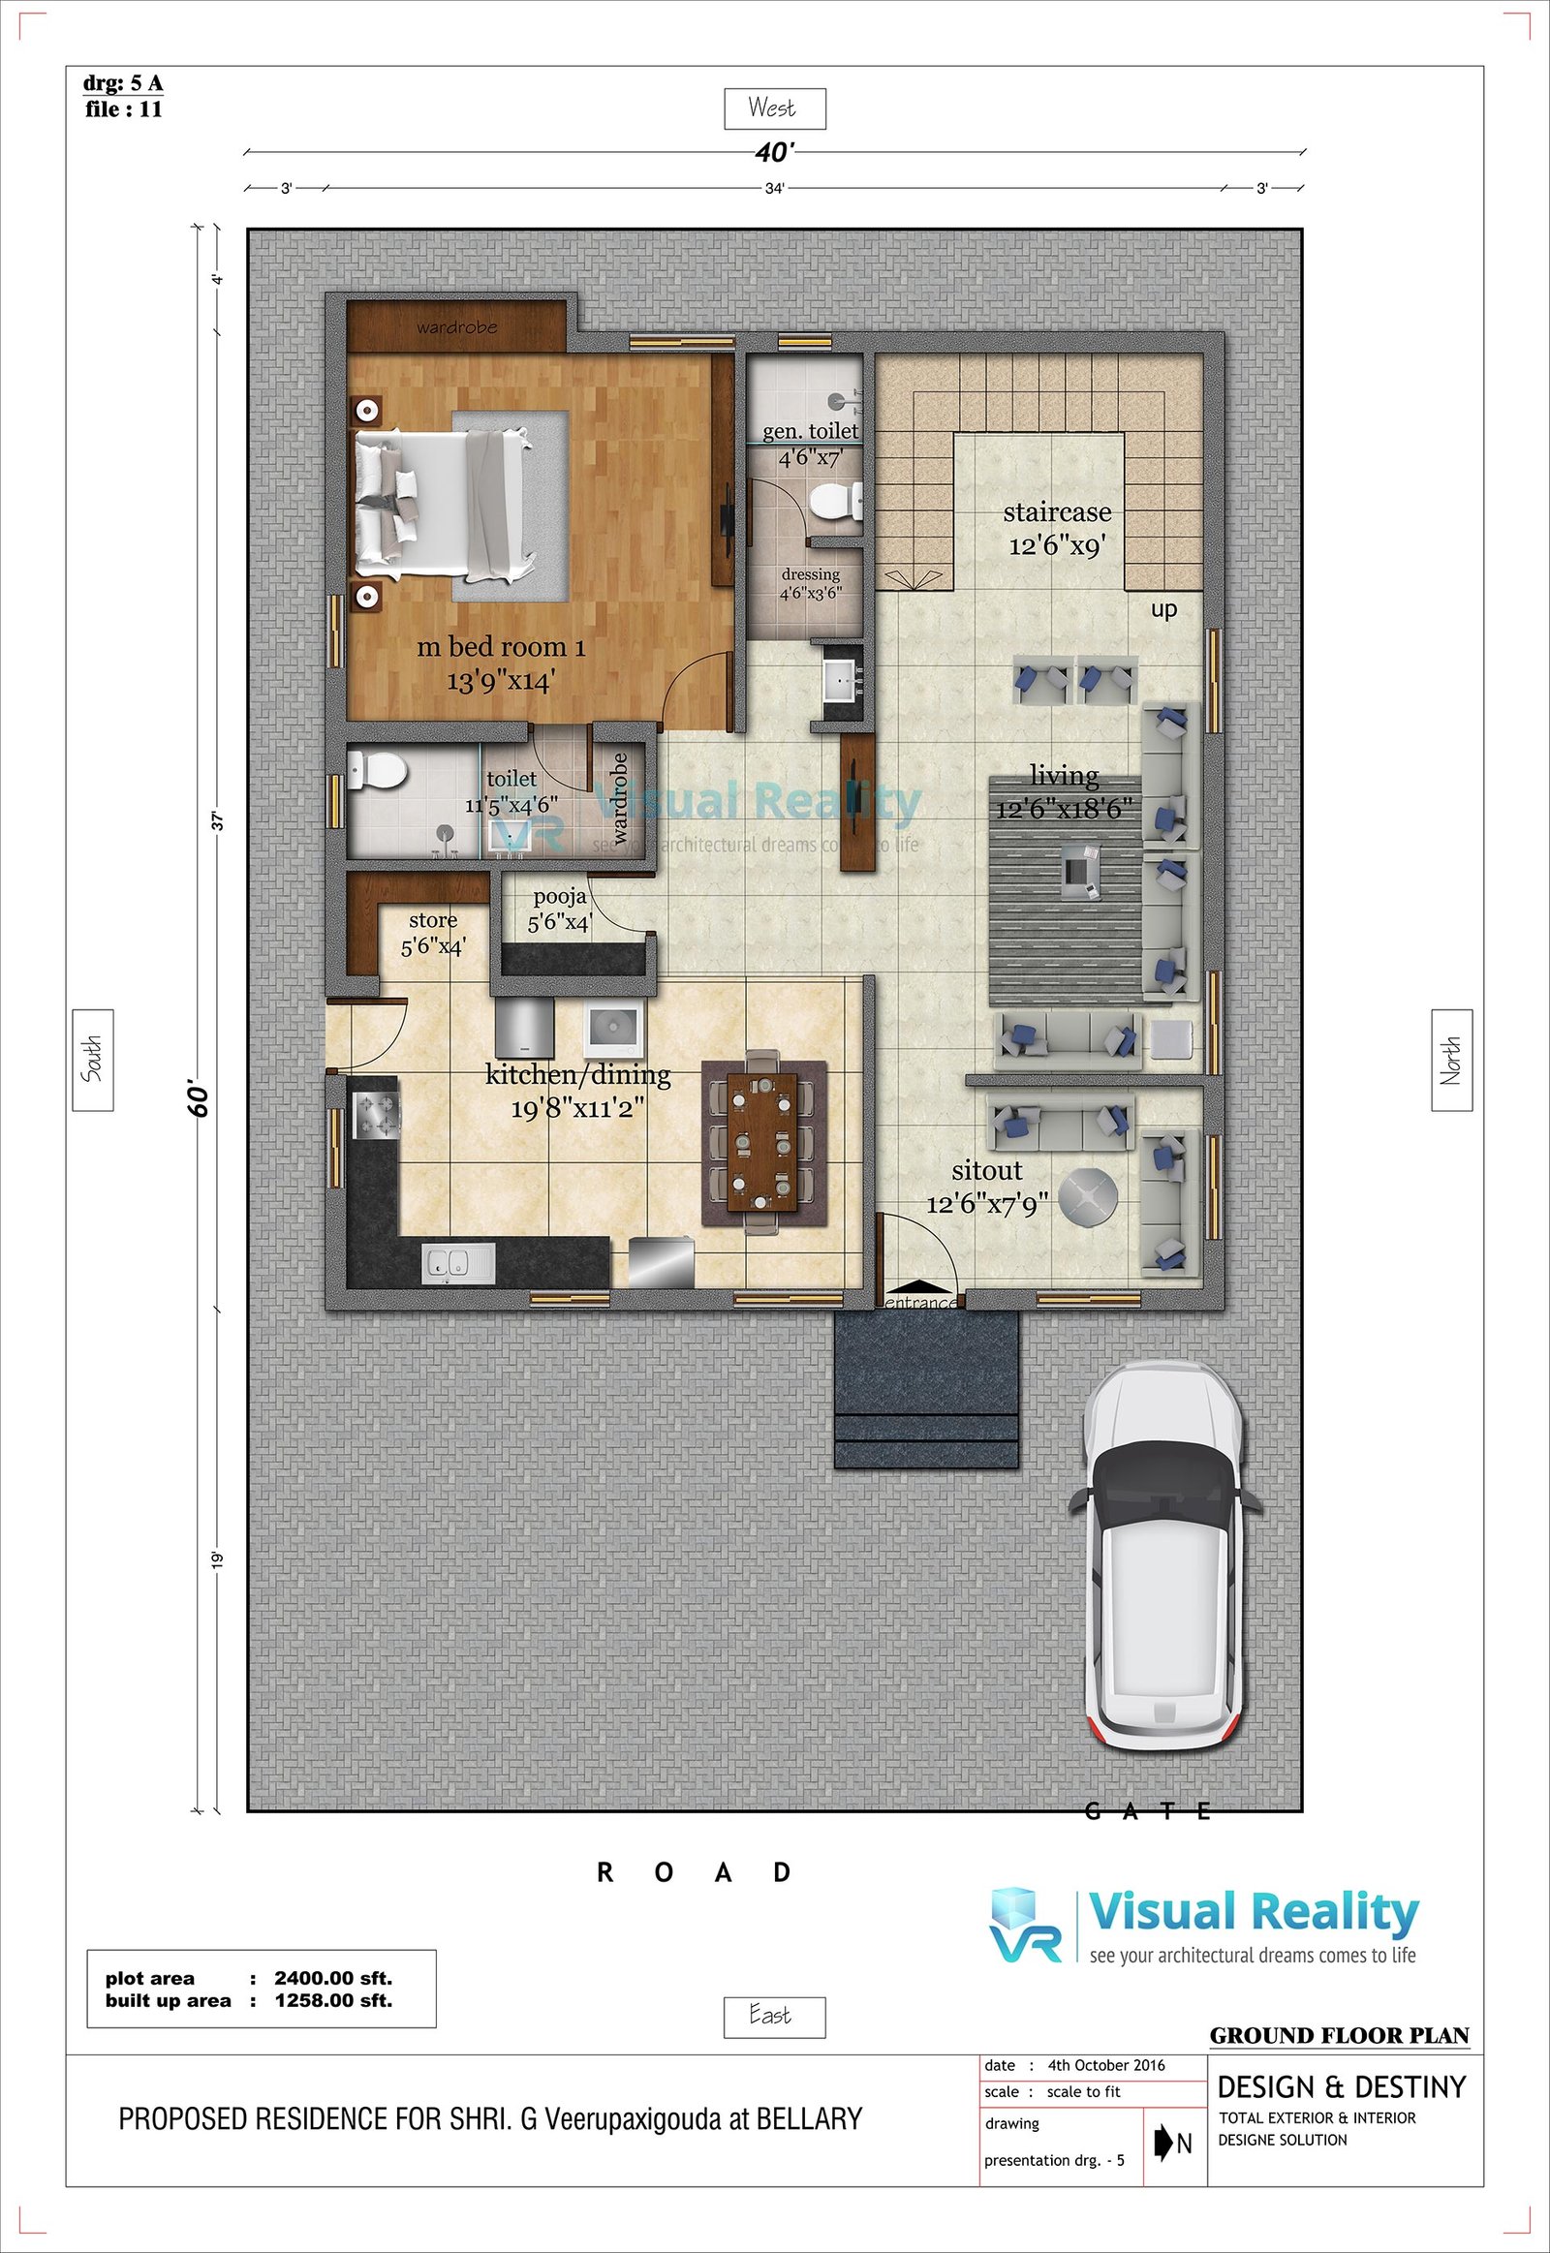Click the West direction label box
(775, 108)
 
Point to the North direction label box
(1452, 1060)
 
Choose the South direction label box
(93, 1060)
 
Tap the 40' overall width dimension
(774, 152)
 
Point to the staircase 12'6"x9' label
(1058, 528)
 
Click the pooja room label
(560, 909)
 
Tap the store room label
(433, 932)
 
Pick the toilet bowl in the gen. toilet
(831, 500)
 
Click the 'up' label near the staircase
(1163, 610)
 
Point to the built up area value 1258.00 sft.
(333, 1999)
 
